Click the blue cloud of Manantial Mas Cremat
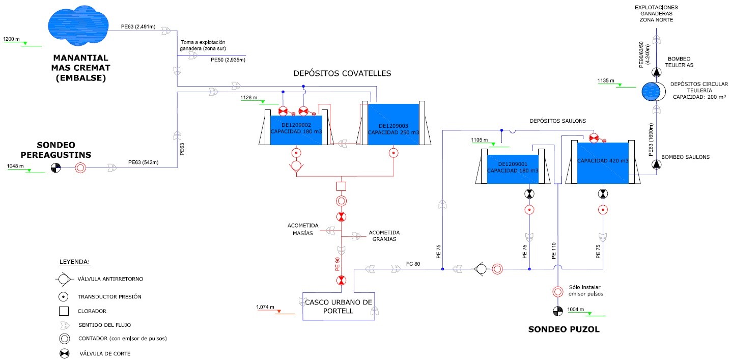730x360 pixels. tap(78, 25)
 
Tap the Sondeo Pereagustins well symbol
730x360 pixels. tap(55, 168)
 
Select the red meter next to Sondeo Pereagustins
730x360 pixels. tap(80, 168)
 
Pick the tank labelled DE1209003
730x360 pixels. tap(393, 124)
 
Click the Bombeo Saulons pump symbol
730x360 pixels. tap(656, 164)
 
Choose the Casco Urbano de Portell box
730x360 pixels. tap(339, 306)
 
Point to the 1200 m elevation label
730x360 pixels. tap(11, 39)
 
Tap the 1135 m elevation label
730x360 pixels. tap(606, 80)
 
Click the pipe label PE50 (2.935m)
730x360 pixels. tap(228, 60)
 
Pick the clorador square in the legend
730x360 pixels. tap(64, 310)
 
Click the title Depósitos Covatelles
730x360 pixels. tap(342, 73)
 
